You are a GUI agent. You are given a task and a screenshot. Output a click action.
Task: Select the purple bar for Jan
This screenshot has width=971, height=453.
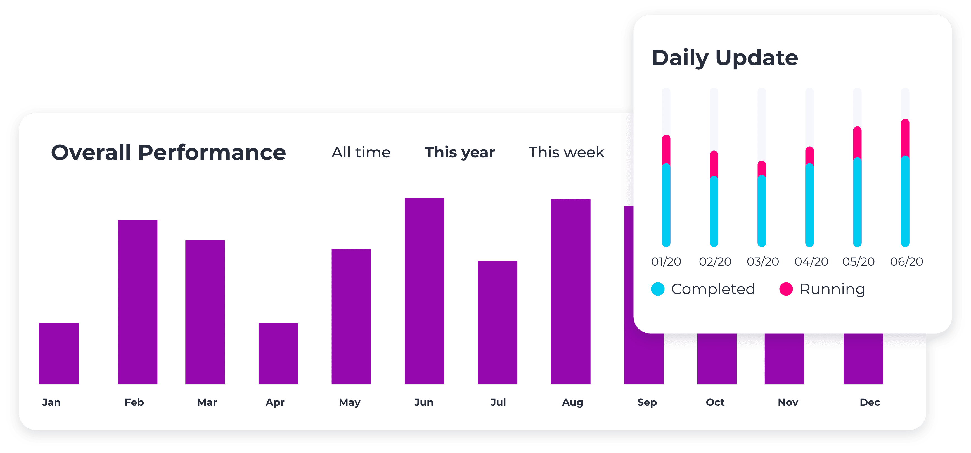click(59, 353)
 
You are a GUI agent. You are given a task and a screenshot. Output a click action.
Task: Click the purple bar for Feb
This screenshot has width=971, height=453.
click(138, 302)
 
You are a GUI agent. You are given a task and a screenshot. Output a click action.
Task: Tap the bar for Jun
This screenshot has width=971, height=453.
click(425, 291)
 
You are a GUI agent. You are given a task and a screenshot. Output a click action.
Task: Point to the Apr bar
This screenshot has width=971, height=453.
click(278, 353)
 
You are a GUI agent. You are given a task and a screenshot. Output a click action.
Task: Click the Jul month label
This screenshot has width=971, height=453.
click(498, 402)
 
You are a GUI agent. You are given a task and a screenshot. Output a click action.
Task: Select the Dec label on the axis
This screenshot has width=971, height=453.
click(870, 402)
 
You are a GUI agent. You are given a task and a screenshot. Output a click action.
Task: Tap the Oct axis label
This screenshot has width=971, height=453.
click(715, 402)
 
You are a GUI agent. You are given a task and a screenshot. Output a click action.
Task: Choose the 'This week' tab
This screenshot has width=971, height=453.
click(566, 152)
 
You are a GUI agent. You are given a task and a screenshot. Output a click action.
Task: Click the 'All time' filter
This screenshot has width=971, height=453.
click(361, 152)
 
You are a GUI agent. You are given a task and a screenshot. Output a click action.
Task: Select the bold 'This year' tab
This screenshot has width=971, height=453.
click(460, 152)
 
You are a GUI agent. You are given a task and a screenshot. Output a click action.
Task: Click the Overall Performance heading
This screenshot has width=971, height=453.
click(169, 152)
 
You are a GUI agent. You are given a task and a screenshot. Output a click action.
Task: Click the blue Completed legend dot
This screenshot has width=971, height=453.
click(658, 289)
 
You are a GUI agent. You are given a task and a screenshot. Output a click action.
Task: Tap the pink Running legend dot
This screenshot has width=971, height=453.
click(786, 289)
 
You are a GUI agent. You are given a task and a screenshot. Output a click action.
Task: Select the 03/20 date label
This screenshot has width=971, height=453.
click(762, 261)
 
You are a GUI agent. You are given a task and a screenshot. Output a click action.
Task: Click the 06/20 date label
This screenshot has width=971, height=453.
click(906, 261)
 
